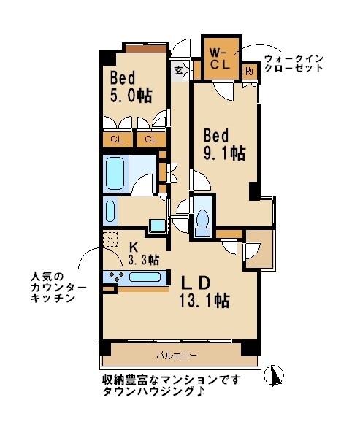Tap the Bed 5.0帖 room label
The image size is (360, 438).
[131, 86]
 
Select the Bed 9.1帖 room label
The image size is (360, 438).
[223, 144]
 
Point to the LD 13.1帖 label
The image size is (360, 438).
[196, 290]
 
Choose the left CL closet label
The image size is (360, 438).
[117, 139]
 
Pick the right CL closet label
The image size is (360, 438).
[151, 139]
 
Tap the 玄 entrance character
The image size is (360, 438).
[180, 72]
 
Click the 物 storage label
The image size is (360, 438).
[249, 71]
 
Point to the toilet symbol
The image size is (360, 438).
[204, 221]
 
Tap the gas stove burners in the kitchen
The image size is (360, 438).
[116, 277]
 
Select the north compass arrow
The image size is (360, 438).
[275, 375]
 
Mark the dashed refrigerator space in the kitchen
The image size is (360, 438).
[110, 239]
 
